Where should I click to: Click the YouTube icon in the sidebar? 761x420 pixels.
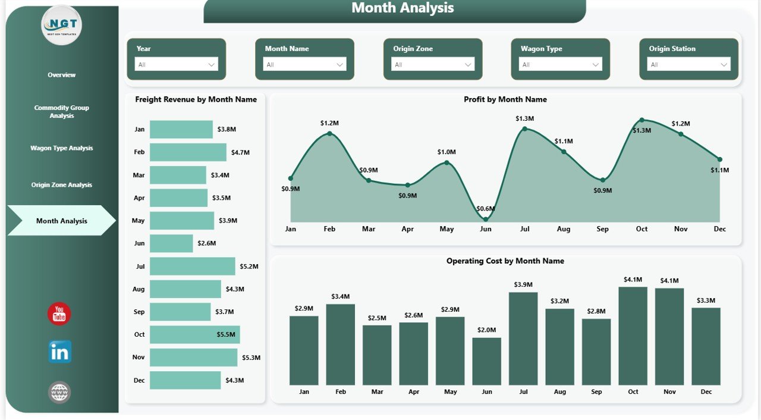(59, 314)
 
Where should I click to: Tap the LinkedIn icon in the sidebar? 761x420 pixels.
(59, 352)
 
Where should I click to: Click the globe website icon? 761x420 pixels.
(59, 392)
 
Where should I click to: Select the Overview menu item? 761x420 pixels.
(62, 75)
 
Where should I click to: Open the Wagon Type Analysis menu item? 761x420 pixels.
(62, 148)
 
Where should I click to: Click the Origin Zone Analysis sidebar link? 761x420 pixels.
(62, 185)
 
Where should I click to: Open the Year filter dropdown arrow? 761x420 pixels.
(212, 65)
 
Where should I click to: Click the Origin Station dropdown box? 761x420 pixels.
(688, 65)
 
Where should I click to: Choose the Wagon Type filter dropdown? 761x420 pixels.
(560, 65)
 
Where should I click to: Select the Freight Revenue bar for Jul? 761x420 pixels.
(192, 267)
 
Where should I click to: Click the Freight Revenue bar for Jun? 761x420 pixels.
(171, 243)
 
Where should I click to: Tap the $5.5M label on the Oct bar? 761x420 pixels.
(226, 335)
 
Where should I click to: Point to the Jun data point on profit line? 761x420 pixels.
(486, 220)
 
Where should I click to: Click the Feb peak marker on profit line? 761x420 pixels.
(329, 133)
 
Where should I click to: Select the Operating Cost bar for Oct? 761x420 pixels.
(633, 336)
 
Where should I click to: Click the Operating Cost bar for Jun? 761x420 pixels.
(486, 361)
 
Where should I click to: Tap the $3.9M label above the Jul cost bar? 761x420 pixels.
(523, 285)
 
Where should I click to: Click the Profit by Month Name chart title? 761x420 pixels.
(505, 99)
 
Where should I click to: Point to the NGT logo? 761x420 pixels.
(62, 25)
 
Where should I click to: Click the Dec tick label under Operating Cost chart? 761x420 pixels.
(706, 392)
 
